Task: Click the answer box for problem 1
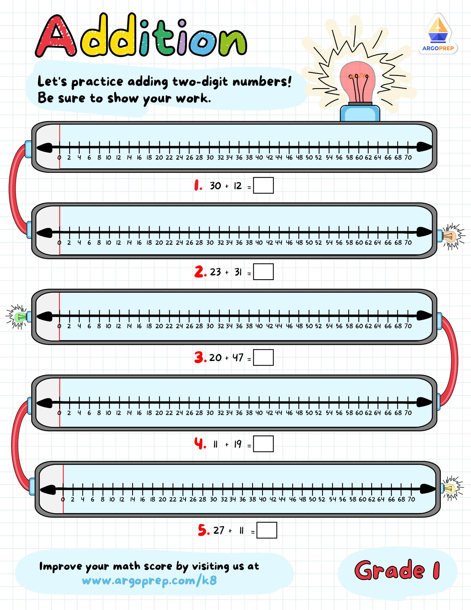tap(263, 185)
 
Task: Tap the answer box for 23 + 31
tap(263, 272)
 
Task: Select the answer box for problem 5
tap(267, 530)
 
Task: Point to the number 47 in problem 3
tap(238, 357)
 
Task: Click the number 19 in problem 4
tap(238, 444)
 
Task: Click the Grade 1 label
tap(397, 570)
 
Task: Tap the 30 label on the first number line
tap(210, 157)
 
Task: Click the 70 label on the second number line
tap(408, 243)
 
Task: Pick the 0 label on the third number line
tap(59, 326)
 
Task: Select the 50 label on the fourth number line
tap(309, 413)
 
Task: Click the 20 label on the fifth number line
tap(162, 499)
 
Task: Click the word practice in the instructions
tap(97, 82)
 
